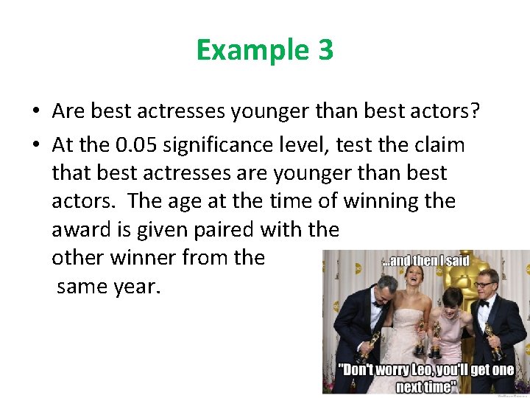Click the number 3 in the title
(325, 50)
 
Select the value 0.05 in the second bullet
(135, 145)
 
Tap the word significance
(222, 145)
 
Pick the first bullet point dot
(35, 112)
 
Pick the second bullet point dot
(35, 146)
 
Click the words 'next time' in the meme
(425, 386)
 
